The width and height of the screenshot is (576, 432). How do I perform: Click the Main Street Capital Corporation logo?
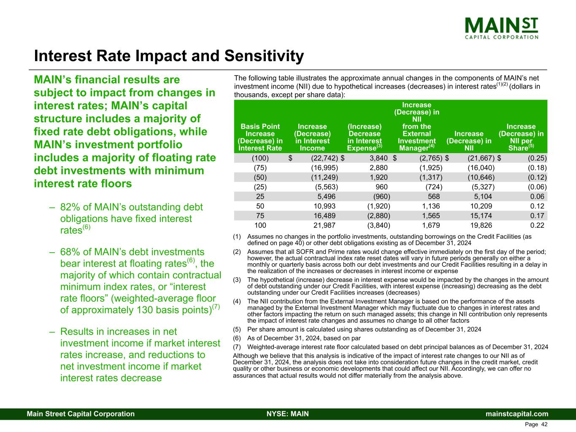pyautogui.click(x=501, y=27)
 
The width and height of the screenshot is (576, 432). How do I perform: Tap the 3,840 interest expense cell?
pyautogui.click(x=379, y=158)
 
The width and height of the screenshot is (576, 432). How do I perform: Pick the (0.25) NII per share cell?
pyautogui.click(x=537, y=158)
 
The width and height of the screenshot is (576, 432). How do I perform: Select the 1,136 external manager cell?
pyautogui.click(x=431, y=206)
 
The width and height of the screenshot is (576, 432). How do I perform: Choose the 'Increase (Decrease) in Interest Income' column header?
pyautogui.click(x=312, y=137)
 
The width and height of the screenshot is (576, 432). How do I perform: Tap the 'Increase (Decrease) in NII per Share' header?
pyautogui.click(x=521, y=137)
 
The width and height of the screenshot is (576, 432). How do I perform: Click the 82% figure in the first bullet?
pyautogui.click(x=70, y=207)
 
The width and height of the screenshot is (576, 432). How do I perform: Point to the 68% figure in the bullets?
pyautogui.click(x=70, y=252)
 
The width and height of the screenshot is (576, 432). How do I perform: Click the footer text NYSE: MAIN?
pyautogui.click(x=288, y=414)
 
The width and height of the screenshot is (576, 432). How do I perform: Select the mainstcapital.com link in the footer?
pyautogui.click(x=517, y=414)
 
